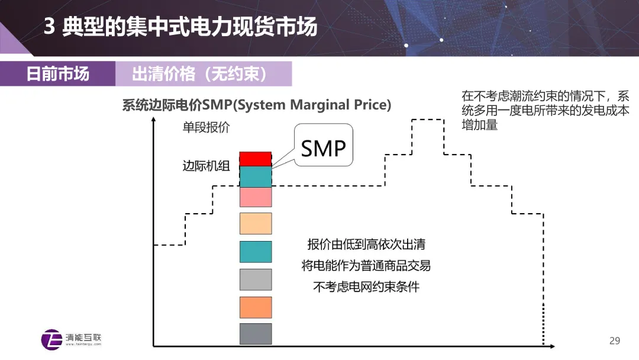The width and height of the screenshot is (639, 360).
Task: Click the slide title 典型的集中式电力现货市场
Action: coord(189,27)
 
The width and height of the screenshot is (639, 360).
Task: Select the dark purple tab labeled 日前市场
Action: coord(57,74)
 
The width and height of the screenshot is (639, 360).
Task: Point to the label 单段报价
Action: coord(206,127)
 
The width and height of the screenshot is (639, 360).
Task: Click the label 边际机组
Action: coord(206,166)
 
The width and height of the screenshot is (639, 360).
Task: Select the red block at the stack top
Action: coord(256,159)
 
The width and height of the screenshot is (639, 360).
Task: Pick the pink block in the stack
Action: coord(256,197)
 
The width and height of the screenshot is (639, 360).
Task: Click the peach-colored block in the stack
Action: coord(256,224)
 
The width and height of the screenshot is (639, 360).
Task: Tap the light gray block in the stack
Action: coord(256,279)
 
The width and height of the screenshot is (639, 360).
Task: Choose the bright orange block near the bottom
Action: coord(256,307)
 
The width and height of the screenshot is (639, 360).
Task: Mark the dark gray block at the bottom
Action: coord(256,333)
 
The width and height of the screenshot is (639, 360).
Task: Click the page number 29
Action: coord(615,340)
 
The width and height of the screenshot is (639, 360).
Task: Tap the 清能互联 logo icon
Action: coord(51,339)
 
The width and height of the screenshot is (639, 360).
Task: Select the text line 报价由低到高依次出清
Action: coord(366,244)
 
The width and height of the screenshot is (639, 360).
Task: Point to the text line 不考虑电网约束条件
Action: coord(366,287)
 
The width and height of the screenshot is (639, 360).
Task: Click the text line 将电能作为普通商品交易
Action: coord(366,265)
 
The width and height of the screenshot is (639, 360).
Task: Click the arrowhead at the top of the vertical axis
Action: coord(154,120)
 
